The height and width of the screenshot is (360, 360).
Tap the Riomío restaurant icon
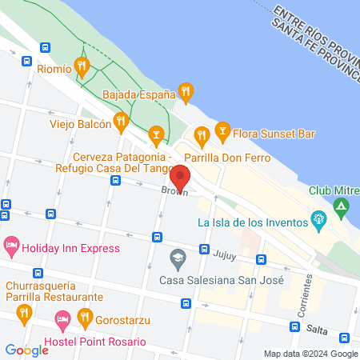pyautogui.click(x=81, y=67)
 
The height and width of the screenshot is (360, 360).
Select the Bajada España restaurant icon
pyautogui.click(x=186, y=92)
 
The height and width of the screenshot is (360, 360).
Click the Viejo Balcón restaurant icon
pyautogui.click(x=122, y=122)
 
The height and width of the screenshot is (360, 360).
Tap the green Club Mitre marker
pyautogui.click(x=342, y=210)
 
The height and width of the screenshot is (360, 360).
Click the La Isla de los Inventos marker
pyautogui.click(x=319, y=218)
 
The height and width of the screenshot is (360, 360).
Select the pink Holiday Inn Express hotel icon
pyautogui.click(x=11, y=246)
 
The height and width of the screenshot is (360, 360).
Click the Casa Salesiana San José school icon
pyautogui.click(x=177, y=258)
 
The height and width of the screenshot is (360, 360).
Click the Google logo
pyautogui.click(x=26, y=350)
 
